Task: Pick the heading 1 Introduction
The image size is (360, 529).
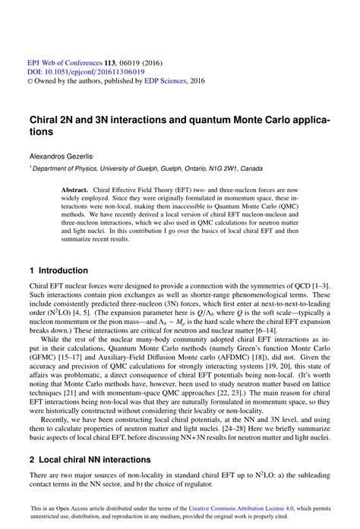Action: coord(58,270)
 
